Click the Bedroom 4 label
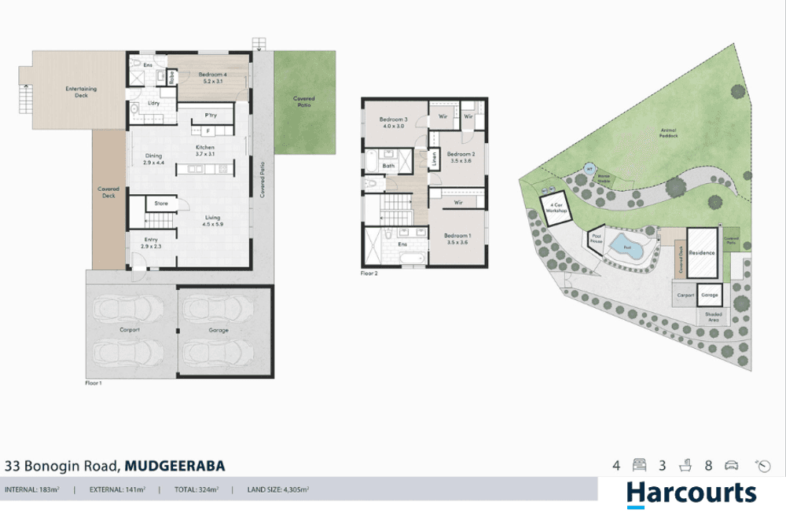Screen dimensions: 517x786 click(x=211, y=77)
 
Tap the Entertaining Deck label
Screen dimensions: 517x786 click(x=80, y=92)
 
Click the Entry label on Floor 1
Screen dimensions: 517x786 click(x=152, y=243)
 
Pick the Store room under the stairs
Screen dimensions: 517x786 click(x=161, y=203)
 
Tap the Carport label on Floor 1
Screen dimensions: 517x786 click(x=130, y=330)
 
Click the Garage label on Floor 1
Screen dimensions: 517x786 click(x=219, y=330)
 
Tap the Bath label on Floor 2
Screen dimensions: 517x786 click(x=388, y=166)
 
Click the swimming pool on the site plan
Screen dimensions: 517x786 click(x=626, y=246)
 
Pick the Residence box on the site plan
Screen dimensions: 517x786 click(x=701, y=254)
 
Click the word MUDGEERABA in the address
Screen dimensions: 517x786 click(x=174, y=466)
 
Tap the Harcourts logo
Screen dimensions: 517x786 click(x=692, y=493)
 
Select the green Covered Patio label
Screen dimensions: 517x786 click(x=304, y=101)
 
